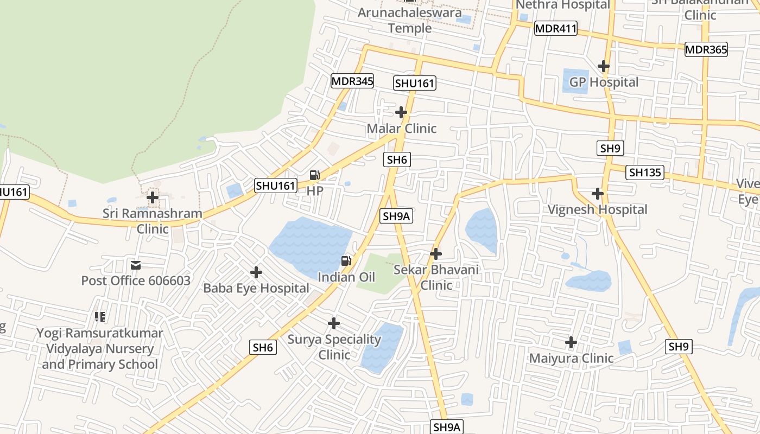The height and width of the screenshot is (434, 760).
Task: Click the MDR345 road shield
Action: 352,81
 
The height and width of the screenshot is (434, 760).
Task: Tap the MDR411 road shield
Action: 555,28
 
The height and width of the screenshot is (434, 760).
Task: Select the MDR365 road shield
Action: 706,49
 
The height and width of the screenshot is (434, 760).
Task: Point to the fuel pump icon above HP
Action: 314,175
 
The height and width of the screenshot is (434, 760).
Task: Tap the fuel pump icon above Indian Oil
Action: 346,261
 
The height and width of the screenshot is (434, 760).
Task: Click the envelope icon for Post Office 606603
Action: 136,265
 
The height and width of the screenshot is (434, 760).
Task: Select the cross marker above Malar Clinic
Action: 401,112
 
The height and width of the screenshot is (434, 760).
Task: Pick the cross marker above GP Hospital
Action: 603,66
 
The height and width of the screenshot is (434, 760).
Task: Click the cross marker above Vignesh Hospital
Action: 598,194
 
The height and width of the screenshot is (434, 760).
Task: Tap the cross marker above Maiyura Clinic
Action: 571,342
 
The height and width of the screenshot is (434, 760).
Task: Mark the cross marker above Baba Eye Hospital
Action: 256,272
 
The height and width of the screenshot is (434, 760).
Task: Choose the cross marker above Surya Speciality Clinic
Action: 334,323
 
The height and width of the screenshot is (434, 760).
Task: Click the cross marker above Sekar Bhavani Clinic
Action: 435,253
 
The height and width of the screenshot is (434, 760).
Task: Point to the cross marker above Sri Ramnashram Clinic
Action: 153,197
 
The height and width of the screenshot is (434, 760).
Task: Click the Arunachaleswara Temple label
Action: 409,20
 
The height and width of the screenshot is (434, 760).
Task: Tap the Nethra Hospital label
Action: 562,5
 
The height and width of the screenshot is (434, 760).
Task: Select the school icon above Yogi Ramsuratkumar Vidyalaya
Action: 99,316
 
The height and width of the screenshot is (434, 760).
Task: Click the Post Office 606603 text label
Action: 136,280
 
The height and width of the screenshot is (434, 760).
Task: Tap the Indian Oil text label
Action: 346,277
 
